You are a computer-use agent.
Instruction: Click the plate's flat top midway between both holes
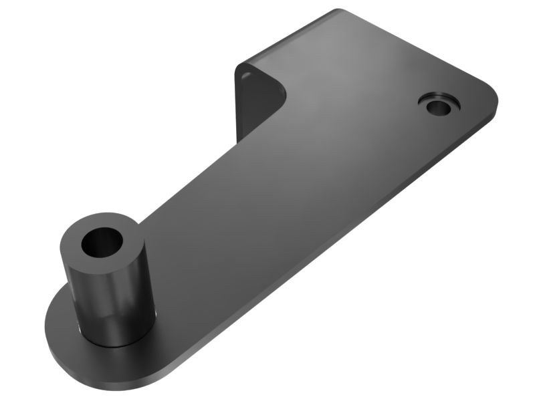pyautogui.click(x=281, y=174)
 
